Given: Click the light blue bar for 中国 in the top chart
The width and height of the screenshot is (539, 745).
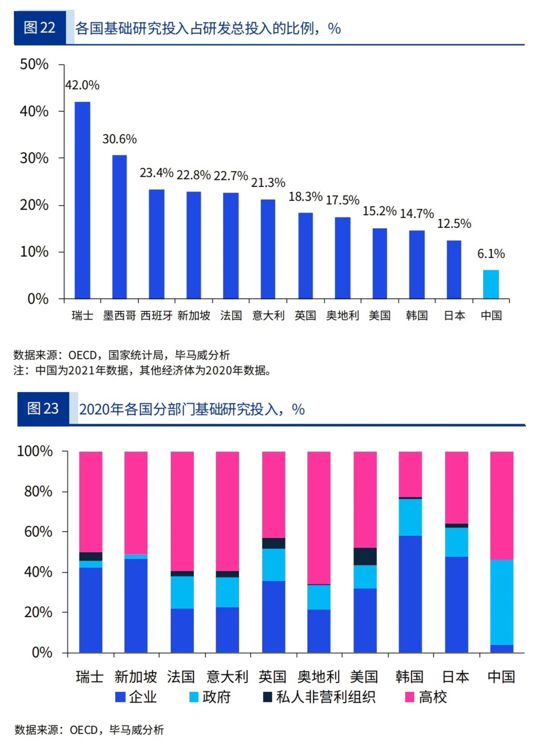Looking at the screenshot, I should [491, 284].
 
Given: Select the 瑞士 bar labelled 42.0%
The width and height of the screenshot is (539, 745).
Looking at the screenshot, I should [82, 200].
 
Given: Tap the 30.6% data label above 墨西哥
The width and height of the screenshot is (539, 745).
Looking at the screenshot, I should [119, 139].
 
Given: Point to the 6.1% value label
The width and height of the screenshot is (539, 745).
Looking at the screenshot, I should [491, 254].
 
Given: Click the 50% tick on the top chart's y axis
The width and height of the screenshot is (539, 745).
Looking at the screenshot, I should [34, 64].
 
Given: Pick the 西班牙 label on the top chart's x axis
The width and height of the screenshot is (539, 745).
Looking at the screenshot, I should [156, 316].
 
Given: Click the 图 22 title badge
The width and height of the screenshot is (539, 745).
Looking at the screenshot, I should [40, 28].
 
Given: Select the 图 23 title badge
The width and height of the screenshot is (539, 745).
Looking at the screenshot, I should [43, 409].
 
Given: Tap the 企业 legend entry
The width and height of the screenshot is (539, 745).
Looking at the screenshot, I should [136, 697].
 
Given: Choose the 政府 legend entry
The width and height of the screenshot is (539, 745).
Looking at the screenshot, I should [210, 697].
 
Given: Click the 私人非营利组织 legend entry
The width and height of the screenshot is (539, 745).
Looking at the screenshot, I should [319, 697].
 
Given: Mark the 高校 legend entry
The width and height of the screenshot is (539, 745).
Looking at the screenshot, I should [426, 697].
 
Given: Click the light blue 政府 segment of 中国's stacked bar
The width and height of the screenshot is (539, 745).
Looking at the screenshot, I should [502, 602].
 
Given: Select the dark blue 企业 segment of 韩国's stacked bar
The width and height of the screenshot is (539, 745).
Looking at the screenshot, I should [410, 594].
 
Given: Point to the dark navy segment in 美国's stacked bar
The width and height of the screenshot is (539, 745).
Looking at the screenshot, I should [365, 556].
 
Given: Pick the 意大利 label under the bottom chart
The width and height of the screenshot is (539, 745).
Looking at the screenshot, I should [227, 677].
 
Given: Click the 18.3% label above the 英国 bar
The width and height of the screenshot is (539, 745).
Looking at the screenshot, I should [305, 197].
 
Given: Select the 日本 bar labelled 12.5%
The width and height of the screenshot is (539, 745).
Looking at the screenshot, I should [454, 270].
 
